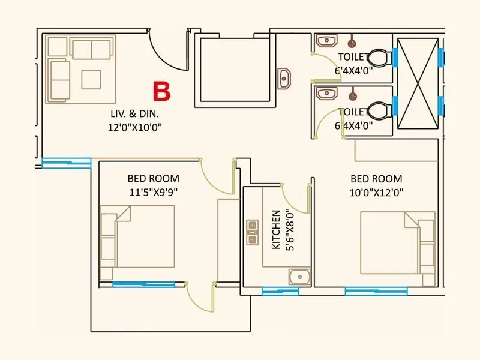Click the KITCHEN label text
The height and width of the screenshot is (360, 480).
point(276,230)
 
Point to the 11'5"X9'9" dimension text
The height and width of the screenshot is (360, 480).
point(153,193)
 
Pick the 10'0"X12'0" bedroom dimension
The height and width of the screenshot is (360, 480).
point(376,193)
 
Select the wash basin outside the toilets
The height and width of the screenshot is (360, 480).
point(284,78)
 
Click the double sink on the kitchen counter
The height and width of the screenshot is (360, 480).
point(252,232)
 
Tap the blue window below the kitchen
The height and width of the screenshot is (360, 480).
point(280,291)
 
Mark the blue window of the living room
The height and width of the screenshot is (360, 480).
point(67,161)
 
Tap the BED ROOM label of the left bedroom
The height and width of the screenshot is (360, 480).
point(153,179)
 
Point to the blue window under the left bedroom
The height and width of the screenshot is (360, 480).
point(144,284)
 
